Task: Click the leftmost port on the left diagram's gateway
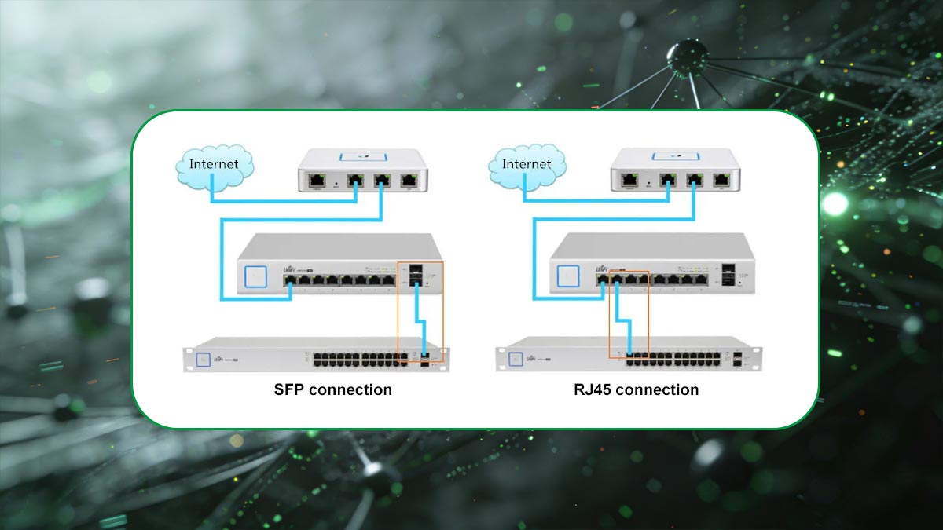click(x=317, y=180)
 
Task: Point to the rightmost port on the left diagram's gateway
click(x=409, y=180)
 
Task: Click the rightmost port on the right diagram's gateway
click(x=721, y=180)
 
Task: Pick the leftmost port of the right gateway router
click(x=630, y=180)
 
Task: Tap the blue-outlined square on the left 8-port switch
click(x=255, y=276)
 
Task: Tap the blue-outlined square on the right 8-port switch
click(x=567, y=276)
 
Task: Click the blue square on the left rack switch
click(x=204, y=358)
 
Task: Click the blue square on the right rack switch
click(x=516, y=358)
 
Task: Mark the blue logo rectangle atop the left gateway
click(x=363, y=155)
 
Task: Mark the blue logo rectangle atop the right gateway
click(x=676, y=155)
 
